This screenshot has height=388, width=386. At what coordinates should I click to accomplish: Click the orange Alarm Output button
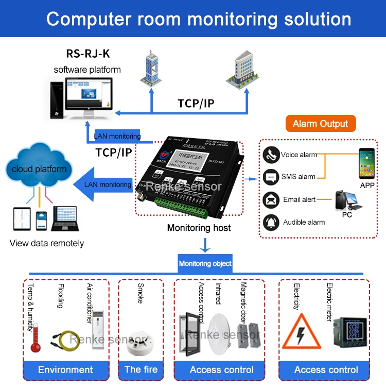(320, 124)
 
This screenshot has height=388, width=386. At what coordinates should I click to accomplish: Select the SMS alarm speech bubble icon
(271, 177)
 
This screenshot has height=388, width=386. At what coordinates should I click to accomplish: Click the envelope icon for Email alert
(271, 200)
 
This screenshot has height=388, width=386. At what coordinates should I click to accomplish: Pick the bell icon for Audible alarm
(271, 222)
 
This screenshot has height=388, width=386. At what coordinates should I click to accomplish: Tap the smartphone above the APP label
(367, 163)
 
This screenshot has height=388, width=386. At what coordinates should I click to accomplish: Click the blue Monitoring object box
(205, 263)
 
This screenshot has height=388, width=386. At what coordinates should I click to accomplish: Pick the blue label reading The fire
(141, 369)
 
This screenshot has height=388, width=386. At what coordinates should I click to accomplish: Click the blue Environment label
(66, 369)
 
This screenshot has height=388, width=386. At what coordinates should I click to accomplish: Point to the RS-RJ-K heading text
(87, 54)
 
